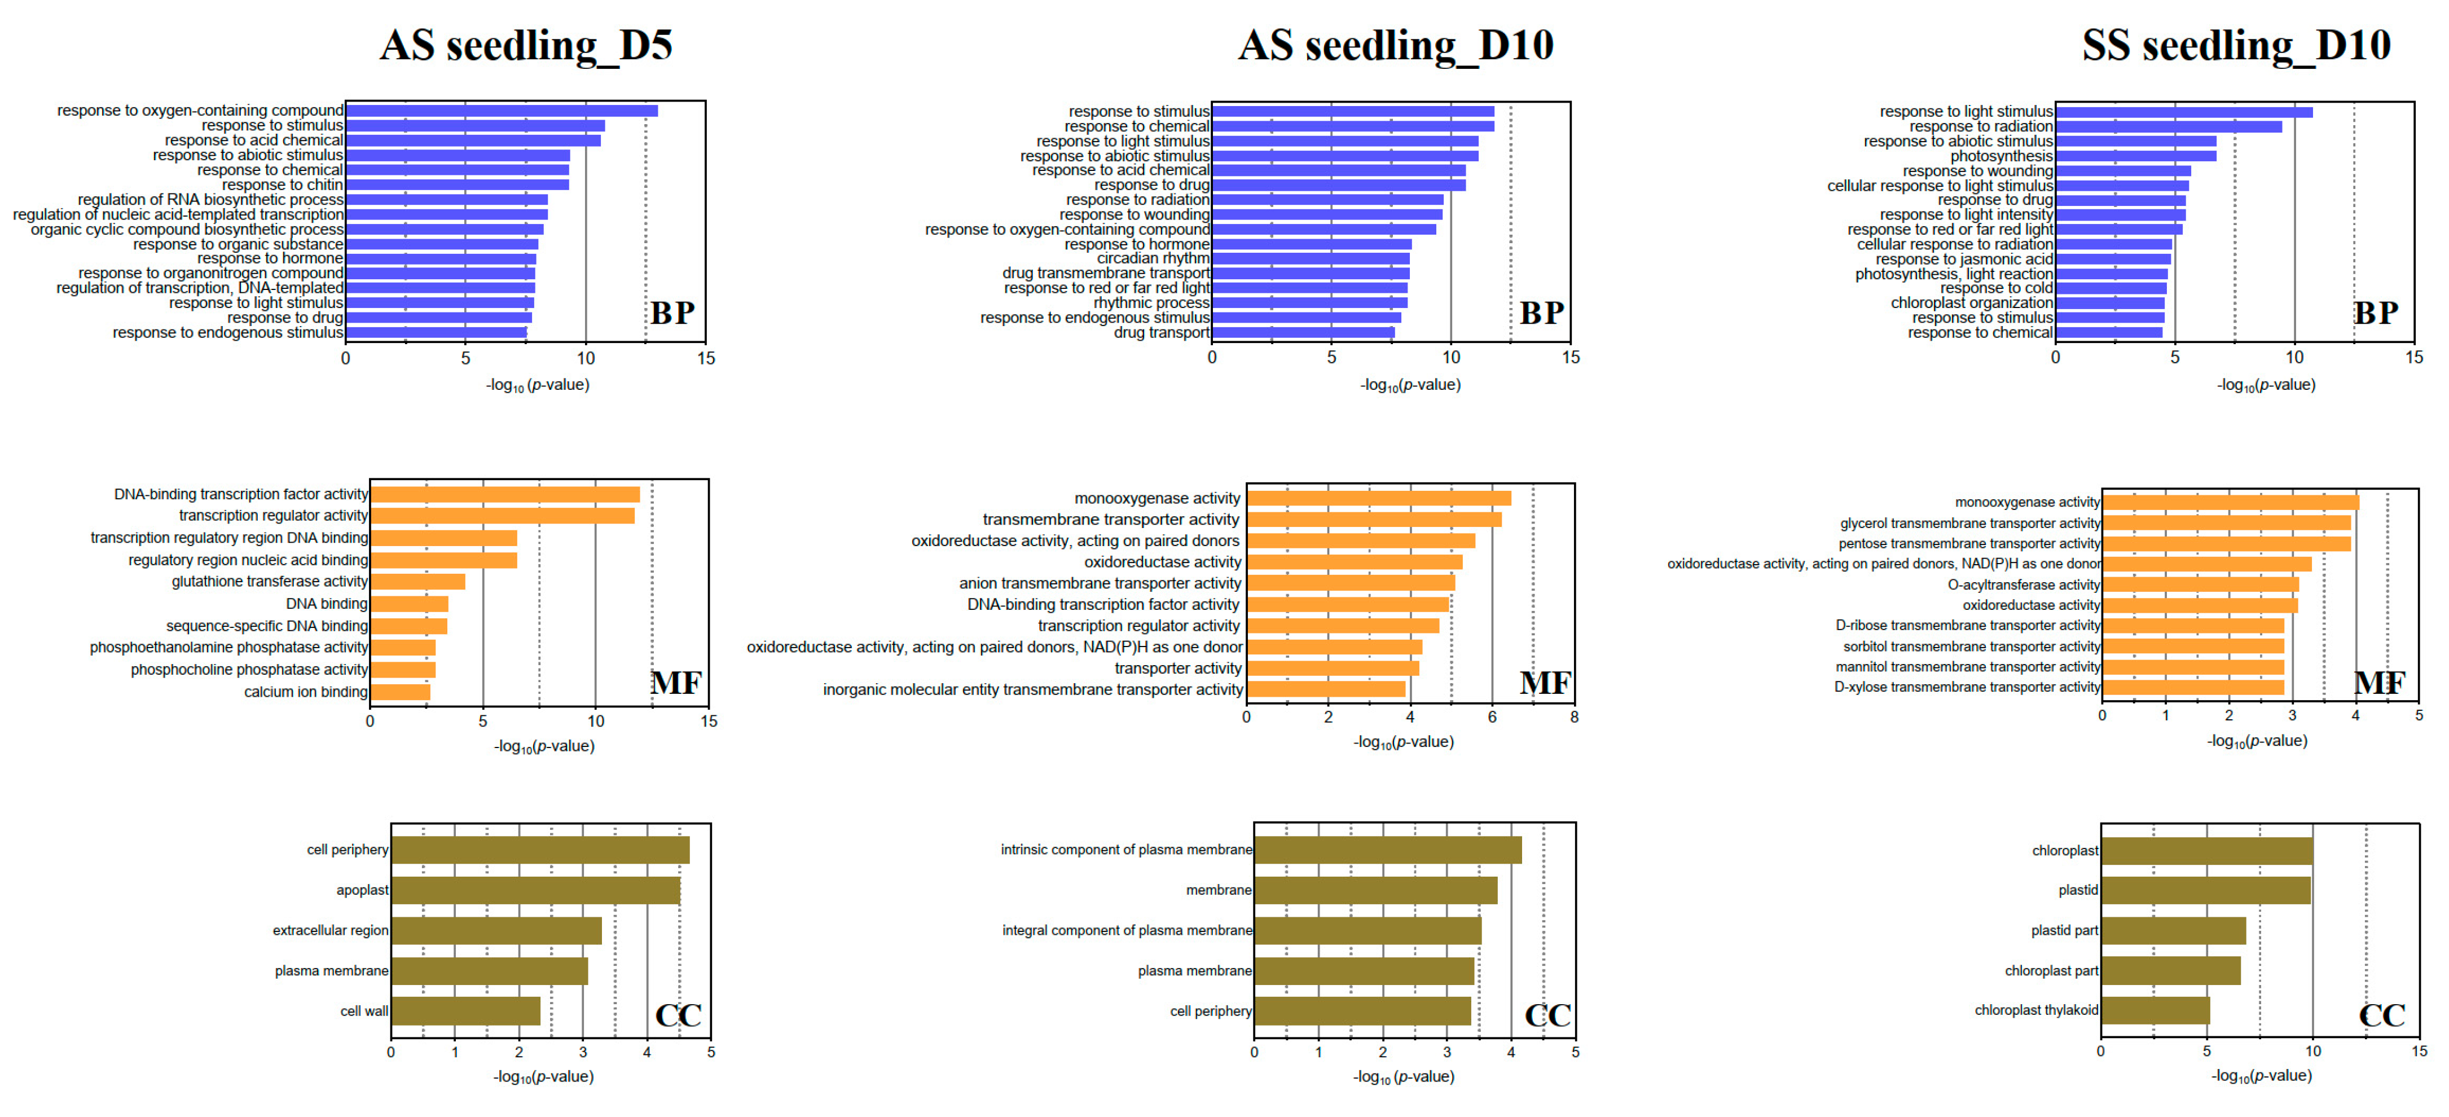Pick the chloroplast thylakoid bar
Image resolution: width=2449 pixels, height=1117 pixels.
[2155, 1010]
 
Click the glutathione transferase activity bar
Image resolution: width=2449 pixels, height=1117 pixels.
[417, 582]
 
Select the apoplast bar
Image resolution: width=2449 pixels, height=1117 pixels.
[535, 890]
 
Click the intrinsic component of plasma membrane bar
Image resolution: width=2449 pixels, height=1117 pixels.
[1387, 849]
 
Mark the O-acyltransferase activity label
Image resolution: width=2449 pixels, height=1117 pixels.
[2023, 584]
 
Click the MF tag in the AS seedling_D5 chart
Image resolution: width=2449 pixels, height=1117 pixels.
[676, 683]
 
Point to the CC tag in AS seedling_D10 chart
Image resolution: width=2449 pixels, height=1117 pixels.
[1547, 1015]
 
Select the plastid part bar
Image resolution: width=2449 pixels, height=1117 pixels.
[2173, 931]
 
